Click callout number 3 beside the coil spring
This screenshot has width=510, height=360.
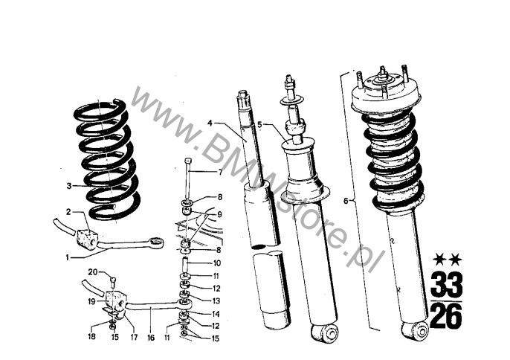[x=69, y=186]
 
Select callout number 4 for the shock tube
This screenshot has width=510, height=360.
[x=210, y=123]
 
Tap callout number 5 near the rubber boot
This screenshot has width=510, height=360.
[x=259, y=124]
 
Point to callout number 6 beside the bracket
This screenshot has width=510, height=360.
[x=346, y=201]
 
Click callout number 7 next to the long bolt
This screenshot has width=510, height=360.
[x=221, y=172]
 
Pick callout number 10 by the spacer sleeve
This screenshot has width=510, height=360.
[x=217, y=263]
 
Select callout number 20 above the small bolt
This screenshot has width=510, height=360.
[x=93, y=271]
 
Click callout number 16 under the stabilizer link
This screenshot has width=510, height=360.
[x=151, y=338]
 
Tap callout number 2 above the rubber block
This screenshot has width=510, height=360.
[x=68, y=212]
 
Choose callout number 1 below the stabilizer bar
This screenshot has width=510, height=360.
[x=68, y=258]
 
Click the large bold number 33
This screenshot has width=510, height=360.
[x=446, y=284]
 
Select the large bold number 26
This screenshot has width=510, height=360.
[x=446, y=315]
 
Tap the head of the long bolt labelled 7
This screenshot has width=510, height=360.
[x=187, y=160]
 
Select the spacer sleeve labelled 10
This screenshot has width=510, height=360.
[x=184, y=266]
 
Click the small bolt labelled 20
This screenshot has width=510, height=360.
[x=113, y=280]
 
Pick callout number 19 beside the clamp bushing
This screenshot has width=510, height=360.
[x=92, y=302]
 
